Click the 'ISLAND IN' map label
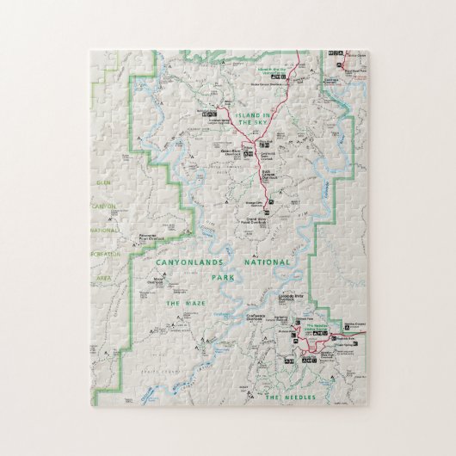255,114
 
